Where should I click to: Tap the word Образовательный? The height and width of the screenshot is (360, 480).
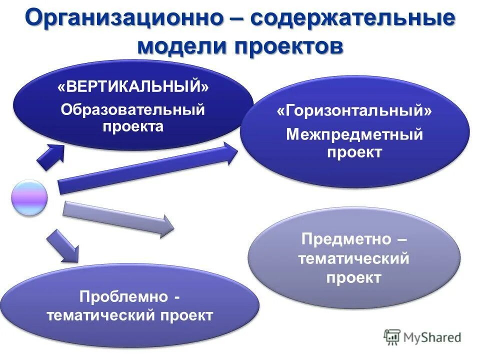point(133,109)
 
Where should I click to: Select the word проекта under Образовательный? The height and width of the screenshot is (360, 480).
point(133,126)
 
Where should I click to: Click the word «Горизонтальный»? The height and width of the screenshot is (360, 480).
point(354,111)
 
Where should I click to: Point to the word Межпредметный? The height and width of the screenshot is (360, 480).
point(354,134)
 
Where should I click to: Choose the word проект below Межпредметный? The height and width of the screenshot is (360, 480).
point(354,152)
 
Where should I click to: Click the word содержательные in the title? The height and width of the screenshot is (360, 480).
point(353,18)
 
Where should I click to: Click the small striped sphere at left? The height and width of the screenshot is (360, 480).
point(29,198)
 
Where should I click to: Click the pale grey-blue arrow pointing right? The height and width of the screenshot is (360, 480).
point(118,218)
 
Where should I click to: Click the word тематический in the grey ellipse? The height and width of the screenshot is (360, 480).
point(353,258)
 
